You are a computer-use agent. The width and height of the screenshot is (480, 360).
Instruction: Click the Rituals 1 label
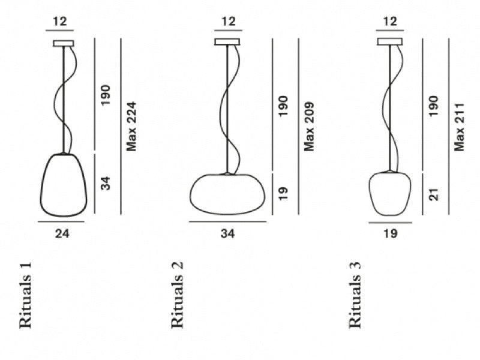tap(25, 295)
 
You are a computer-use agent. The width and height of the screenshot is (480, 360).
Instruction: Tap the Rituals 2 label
tap(177, 295)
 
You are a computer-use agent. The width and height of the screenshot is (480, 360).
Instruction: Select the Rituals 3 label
tap(355, 295)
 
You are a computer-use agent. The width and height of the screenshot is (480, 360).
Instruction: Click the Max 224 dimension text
tap(131, 127)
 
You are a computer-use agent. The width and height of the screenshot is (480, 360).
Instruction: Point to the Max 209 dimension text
tap(310, 127)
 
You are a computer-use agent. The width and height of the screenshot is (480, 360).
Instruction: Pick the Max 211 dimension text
tap(460, 127)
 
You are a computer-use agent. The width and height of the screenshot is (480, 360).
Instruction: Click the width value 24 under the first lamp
tap(62, 233)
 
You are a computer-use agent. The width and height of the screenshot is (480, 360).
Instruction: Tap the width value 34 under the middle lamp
tap(228, 233)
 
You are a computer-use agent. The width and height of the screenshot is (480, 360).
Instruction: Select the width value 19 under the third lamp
tap(391, 233)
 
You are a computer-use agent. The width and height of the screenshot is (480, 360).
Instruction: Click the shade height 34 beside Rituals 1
tap(106, 183)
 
